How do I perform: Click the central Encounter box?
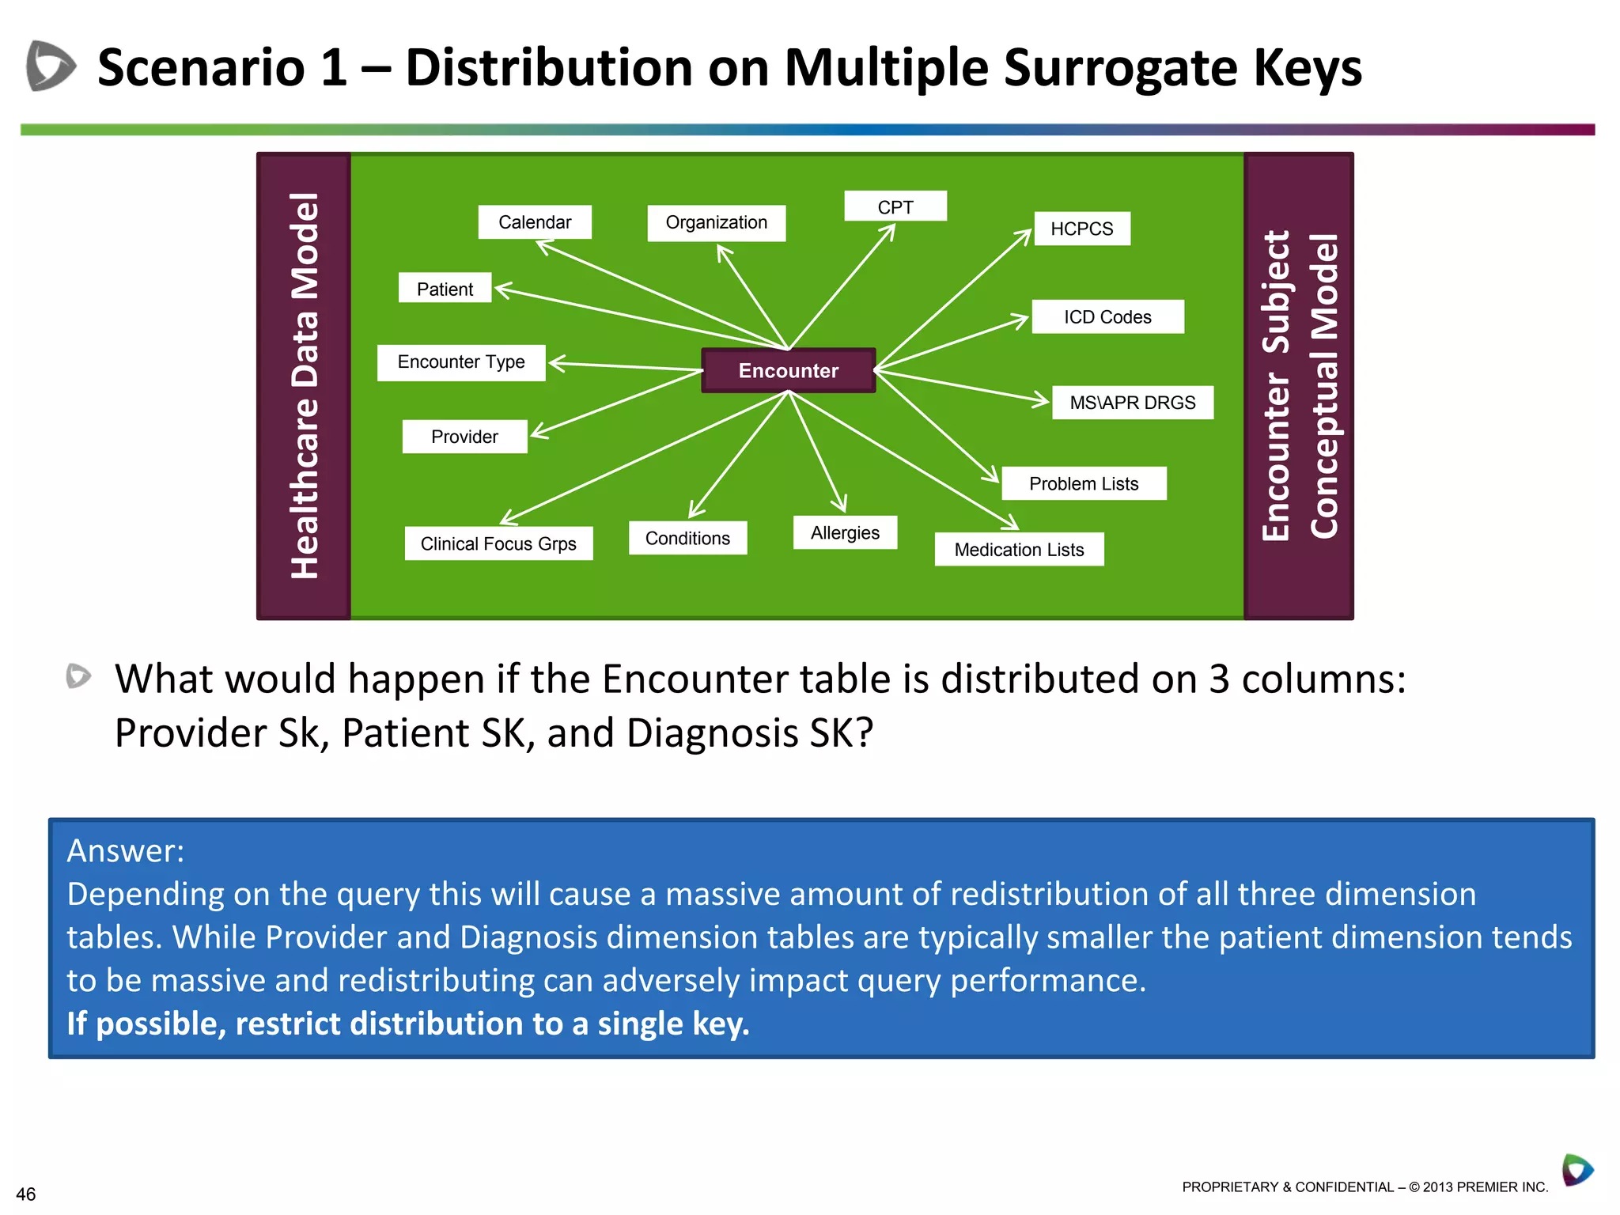(x=788, y=370)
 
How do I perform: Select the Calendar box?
(x=535, y=222)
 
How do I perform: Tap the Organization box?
(x=716, y=222)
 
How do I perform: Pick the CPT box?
(x=895, y=206)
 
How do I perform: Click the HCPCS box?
(x=1081, y=229)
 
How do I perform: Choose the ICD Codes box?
(x=1107, y=316)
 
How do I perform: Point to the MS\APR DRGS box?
(x=1132, y=403)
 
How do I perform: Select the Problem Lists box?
(x=1083, y=483)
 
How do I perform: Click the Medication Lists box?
(x=1019, y=549)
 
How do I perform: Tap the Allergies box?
(x=845, y=532)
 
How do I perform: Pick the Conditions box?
(x=687, y=538)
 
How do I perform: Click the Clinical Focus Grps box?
(x=498, y=543)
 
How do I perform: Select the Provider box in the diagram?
(x=464, y=437)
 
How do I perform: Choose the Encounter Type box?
(x=461, y=362)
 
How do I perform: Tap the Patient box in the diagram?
(x=445, y=289)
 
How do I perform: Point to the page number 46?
(x=25, y=1194)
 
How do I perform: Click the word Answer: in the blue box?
(x=125, y=851)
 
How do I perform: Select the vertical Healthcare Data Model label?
(x=305, y=385)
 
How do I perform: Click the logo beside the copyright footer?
(x=1576, y=1170)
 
